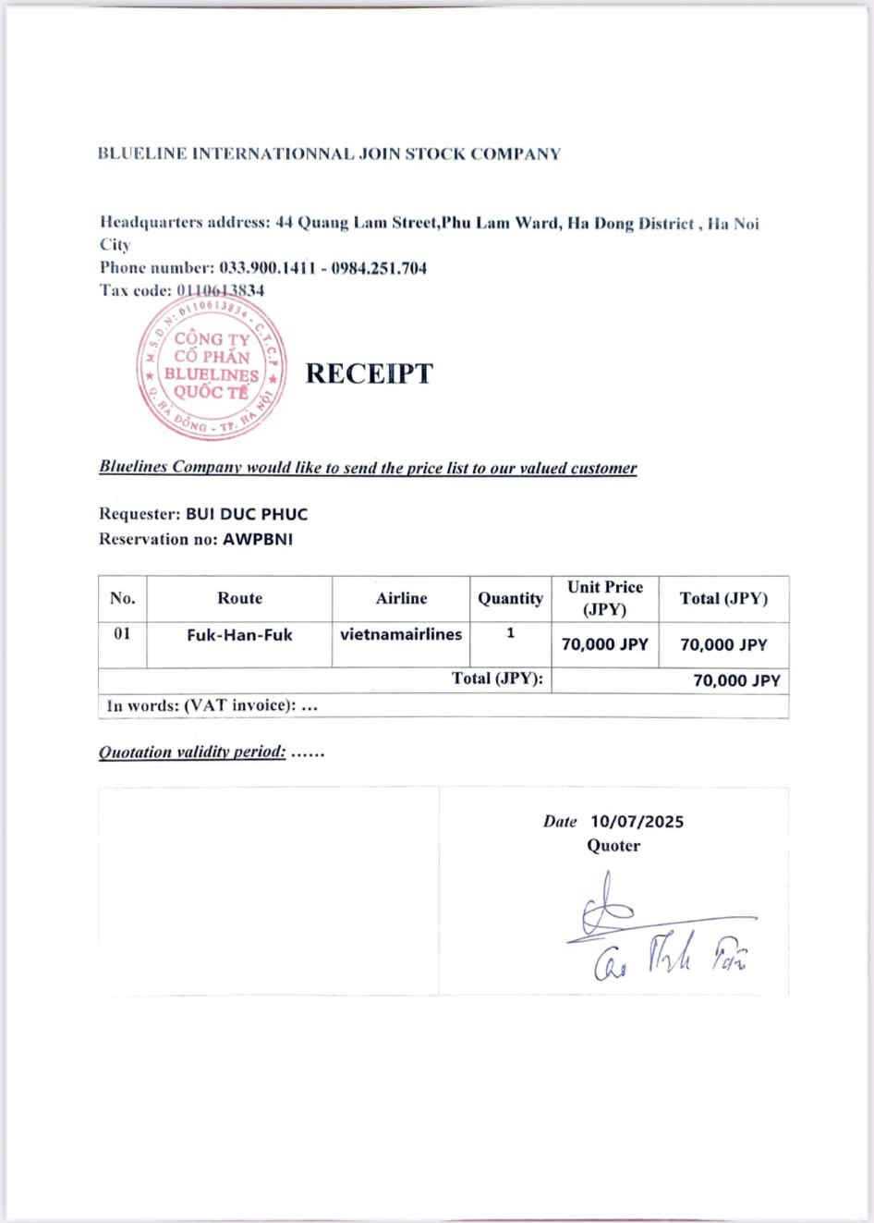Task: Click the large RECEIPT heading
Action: click(x=369, y=373)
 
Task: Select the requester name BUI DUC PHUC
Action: click(x=247, y=514)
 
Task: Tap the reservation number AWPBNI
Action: click(x=258, y=539)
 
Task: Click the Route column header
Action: click(x=239, y=598)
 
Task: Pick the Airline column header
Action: click(x=401, y=598)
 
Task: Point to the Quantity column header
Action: click(x=510, y=598)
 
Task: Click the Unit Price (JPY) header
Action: click(x=605, y=598)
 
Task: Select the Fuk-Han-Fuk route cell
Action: click(x=239, y=635)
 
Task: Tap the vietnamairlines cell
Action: click(x=401, y=634)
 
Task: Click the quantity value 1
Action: click(x=510, y=634)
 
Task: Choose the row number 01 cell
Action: click(x=122, y=634)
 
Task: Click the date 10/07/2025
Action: click(x=637, y=821)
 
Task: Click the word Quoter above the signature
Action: click(x=613, y=845)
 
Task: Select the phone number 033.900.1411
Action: click(x=265, y=268)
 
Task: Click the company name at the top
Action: click(x=329, y=153)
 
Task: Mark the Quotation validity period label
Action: click(x=192, y=752)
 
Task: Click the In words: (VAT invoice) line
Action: click(x=212, y=705)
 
